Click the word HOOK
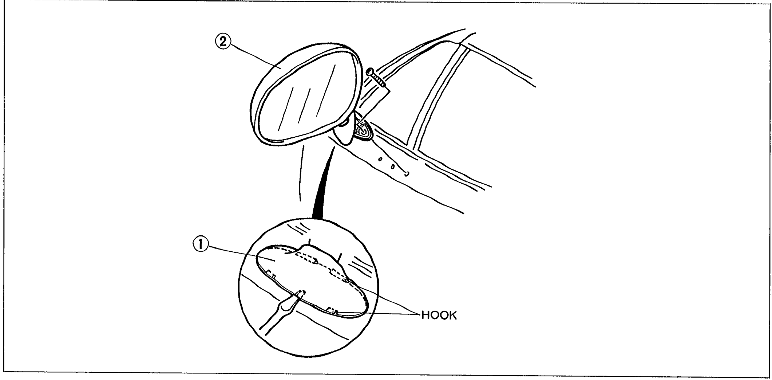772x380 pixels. pos(439,316)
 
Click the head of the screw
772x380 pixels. pos(370,71)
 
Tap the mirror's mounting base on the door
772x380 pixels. pos(362,130)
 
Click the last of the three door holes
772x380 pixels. pos(407,173)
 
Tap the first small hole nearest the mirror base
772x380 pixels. pos(380,160)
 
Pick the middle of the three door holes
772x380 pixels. pos(393,167)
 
